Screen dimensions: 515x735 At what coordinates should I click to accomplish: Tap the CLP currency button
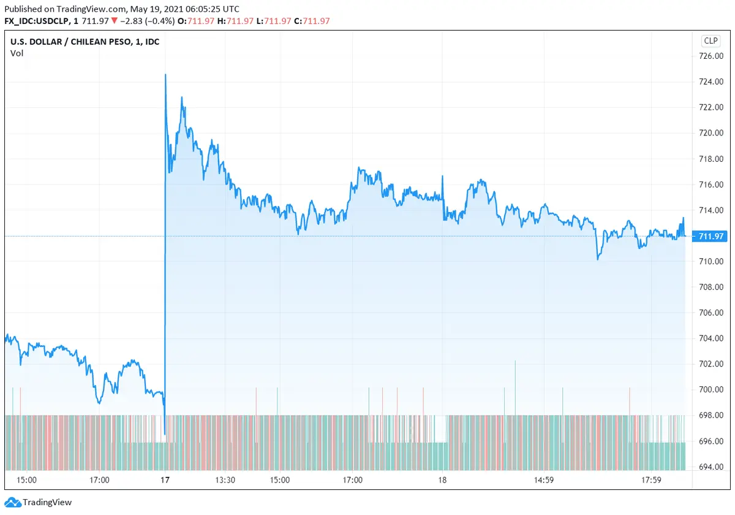710,41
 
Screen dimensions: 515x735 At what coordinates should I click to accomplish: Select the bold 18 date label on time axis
443,480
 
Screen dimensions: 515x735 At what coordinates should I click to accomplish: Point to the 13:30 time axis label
225,480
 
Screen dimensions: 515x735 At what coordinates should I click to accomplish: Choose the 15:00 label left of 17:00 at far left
26,480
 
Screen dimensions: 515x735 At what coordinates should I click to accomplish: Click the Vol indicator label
17,53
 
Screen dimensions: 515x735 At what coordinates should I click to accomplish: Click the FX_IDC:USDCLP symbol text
35,21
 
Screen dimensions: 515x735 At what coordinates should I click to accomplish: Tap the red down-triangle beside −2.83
114,21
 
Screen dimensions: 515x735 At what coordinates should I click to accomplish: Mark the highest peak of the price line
165,75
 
